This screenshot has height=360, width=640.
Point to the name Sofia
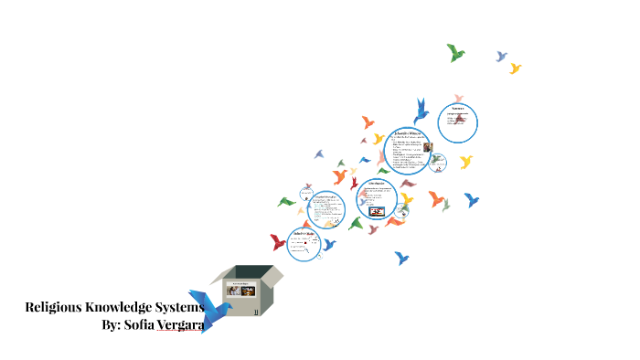(x=147, y=324)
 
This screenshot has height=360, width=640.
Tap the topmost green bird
(x=455, y=53)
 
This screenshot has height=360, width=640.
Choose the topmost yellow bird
(x=516, y=69)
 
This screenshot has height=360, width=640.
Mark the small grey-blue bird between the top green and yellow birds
(x=501, y=57)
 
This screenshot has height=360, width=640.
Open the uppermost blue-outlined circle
(x=457, y=122)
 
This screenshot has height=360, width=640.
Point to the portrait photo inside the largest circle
(x=427, y=148)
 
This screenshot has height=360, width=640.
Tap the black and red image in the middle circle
(x=376, y=211)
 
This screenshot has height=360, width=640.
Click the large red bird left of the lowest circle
(x=278, y=242)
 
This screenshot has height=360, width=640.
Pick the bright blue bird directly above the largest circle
(x=421, y=111)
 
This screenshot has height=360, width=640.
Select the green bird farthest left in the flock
(x=287, y=201)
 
